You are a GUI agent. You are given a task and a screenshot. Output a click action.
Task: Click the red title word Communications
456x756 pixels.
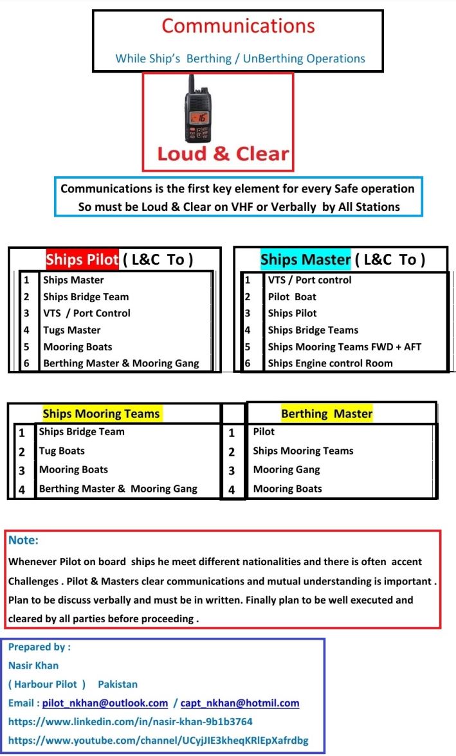(x=238, y=26)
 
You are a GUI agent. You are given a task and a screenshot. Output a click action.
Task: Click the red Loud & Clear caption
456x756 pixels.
(x=223, y=154)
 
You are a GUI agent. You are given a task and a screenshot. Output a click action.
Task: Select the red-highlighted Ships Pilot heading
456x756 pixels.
(x=82, y=260)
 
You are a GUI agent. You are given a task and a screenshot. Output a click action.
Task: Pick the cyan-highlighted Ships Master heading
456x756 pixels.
(x=306, y=260)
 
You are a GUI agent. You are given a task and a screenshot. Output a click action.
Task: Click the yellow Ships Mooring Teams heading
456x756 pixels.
(x=101, y=413)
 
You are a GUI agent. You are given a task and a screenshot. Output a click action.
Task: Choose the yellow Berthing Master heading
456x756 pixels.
(x=327, y=413)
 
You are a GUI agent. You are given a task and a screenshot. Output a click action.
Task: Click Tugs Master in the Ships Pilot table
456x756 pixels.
(x=72, y=330)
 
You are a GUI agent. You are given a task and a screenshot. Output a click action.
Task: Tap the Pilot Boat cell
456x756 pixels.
(x=292, y=296)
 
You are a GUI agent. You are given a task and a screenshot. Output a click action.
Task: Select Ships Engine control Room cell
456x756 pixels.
(x=330, y=363)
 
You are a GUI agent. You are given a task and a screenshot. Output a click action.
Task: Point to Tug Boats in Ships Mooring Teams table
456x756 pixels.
(x=62, y=451)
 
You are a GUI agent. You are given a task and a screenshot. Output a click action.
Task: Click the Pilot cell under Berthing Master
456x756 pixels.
(x=264, y=432)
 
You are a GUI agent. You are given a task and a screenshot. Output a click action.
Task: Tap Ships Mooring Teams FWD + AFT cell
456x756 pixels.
(x=345, y=346)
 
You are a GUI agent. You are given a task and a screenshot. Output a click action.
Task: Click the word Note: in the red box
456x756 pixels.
(x=23, y=541)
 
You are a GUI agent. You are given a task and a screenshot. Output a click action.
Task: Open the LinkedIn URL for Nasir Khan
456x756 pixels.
(x=130, y=721)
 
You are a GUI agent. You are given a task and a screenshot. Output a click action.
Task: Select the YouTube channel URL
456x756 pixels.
(x=158, y=740)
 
